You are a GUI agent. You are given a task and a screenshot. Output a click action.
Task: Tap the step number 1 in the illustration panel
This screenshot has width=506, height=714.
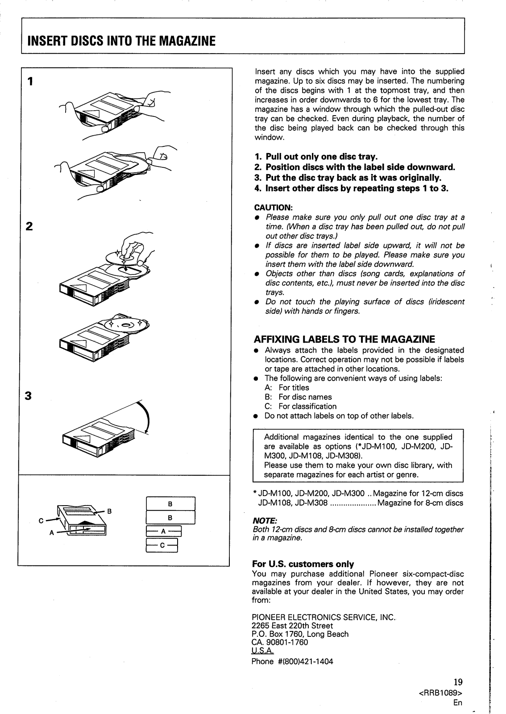29,81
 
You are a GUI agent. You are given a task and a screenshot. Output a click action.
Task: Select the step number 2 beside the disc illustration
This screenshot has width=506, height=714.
29,226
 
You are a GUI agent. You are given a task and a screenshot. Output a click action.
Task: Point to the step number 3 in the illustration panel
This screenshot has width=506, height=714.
29,396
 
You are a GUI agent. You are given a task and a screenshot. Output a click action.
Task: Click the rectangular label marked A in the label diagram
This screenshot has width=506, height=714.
163,531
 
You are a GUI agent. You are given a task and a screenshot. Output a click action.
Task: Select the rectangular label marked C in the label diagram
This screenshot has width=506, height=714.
162,544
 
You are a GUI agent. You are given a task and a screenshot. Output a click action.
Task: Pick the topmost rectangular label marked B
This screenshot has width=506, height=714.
170,504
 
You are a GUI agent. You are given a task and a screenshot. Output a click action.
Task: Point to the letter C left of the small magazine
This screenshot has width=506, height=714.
41,520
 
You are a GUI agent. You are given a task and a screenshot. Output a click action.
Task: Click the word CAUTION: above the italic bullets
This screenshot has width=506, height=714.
273,208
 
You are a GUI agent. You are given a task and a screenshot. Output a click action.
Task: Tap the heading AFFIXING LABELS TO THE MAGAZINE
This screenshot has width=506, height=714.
344,339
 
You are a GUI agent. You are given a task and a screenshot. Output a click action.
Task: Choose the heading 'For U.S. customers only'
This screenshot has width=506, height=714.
303,564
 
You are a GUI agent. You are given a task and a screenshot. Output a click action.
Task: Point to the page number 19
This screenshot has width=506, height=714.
458,681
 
